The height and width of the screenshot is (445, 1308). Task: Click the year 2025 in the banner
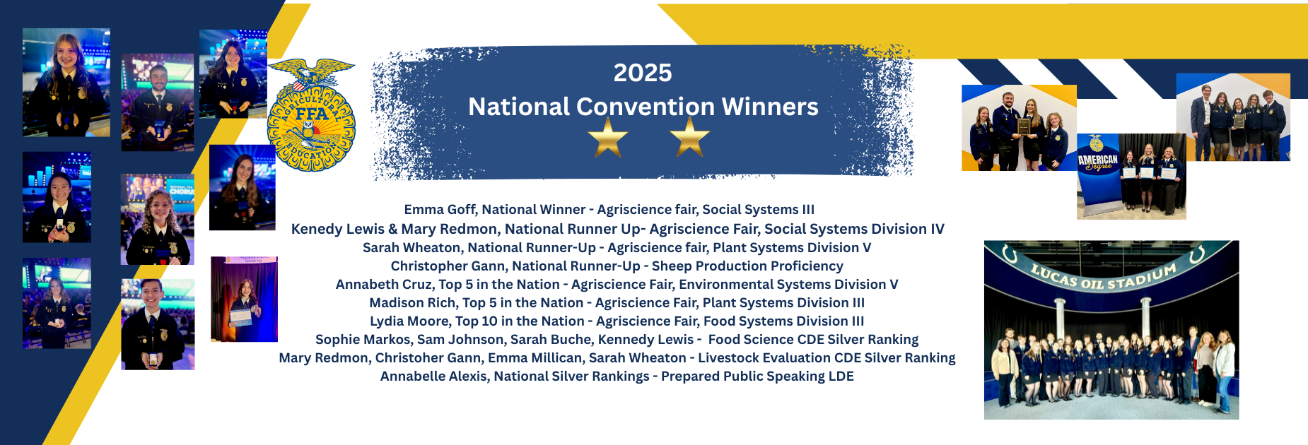(x=642, y=73)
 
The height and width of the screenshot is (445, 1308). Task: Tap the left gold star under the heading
(x=608, y=137)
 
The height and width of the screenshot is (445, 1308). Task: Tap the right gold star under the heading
(x=689, y=137)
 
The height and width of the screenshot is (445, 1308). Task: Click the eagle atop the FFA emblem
(x=311, y=73)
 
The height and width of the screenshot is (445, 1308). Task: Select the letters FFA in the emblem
(x=311, y=114)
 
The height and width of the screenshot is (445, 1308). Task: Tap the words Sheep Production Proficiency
(x=747, y=266)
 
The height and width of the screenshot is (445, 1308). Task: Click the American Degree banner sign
(x=1097, y=162)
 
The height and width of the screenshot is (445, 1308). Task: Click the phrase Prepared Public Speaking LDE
(x=757, y=376)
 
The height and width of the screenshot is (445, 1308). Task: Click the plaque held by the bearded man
(x=1023, y=126)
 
